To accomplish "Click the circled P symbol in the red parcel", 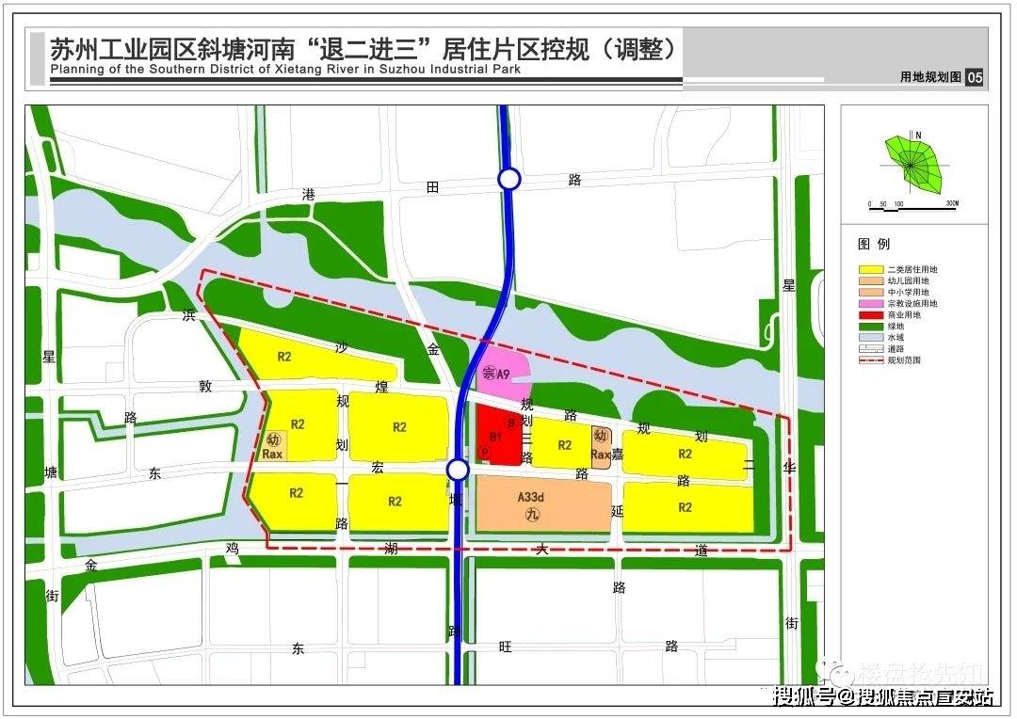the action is pyautogui.click(x=485, y=453).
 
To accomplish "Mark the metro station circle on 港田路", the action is pyautogui.click(x=509, y=179).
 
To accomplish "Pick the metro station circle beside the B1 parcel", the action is pyautogui.click(x=458, y=470).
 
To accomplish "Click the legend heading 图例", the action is pyautogui.click(x=874, y=244).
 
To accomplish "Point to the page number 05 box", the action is pyautogui.click(x=974, y=77).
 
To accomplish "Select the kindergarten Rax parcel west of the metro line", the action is pyautogui.click(x=274, y=446).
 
